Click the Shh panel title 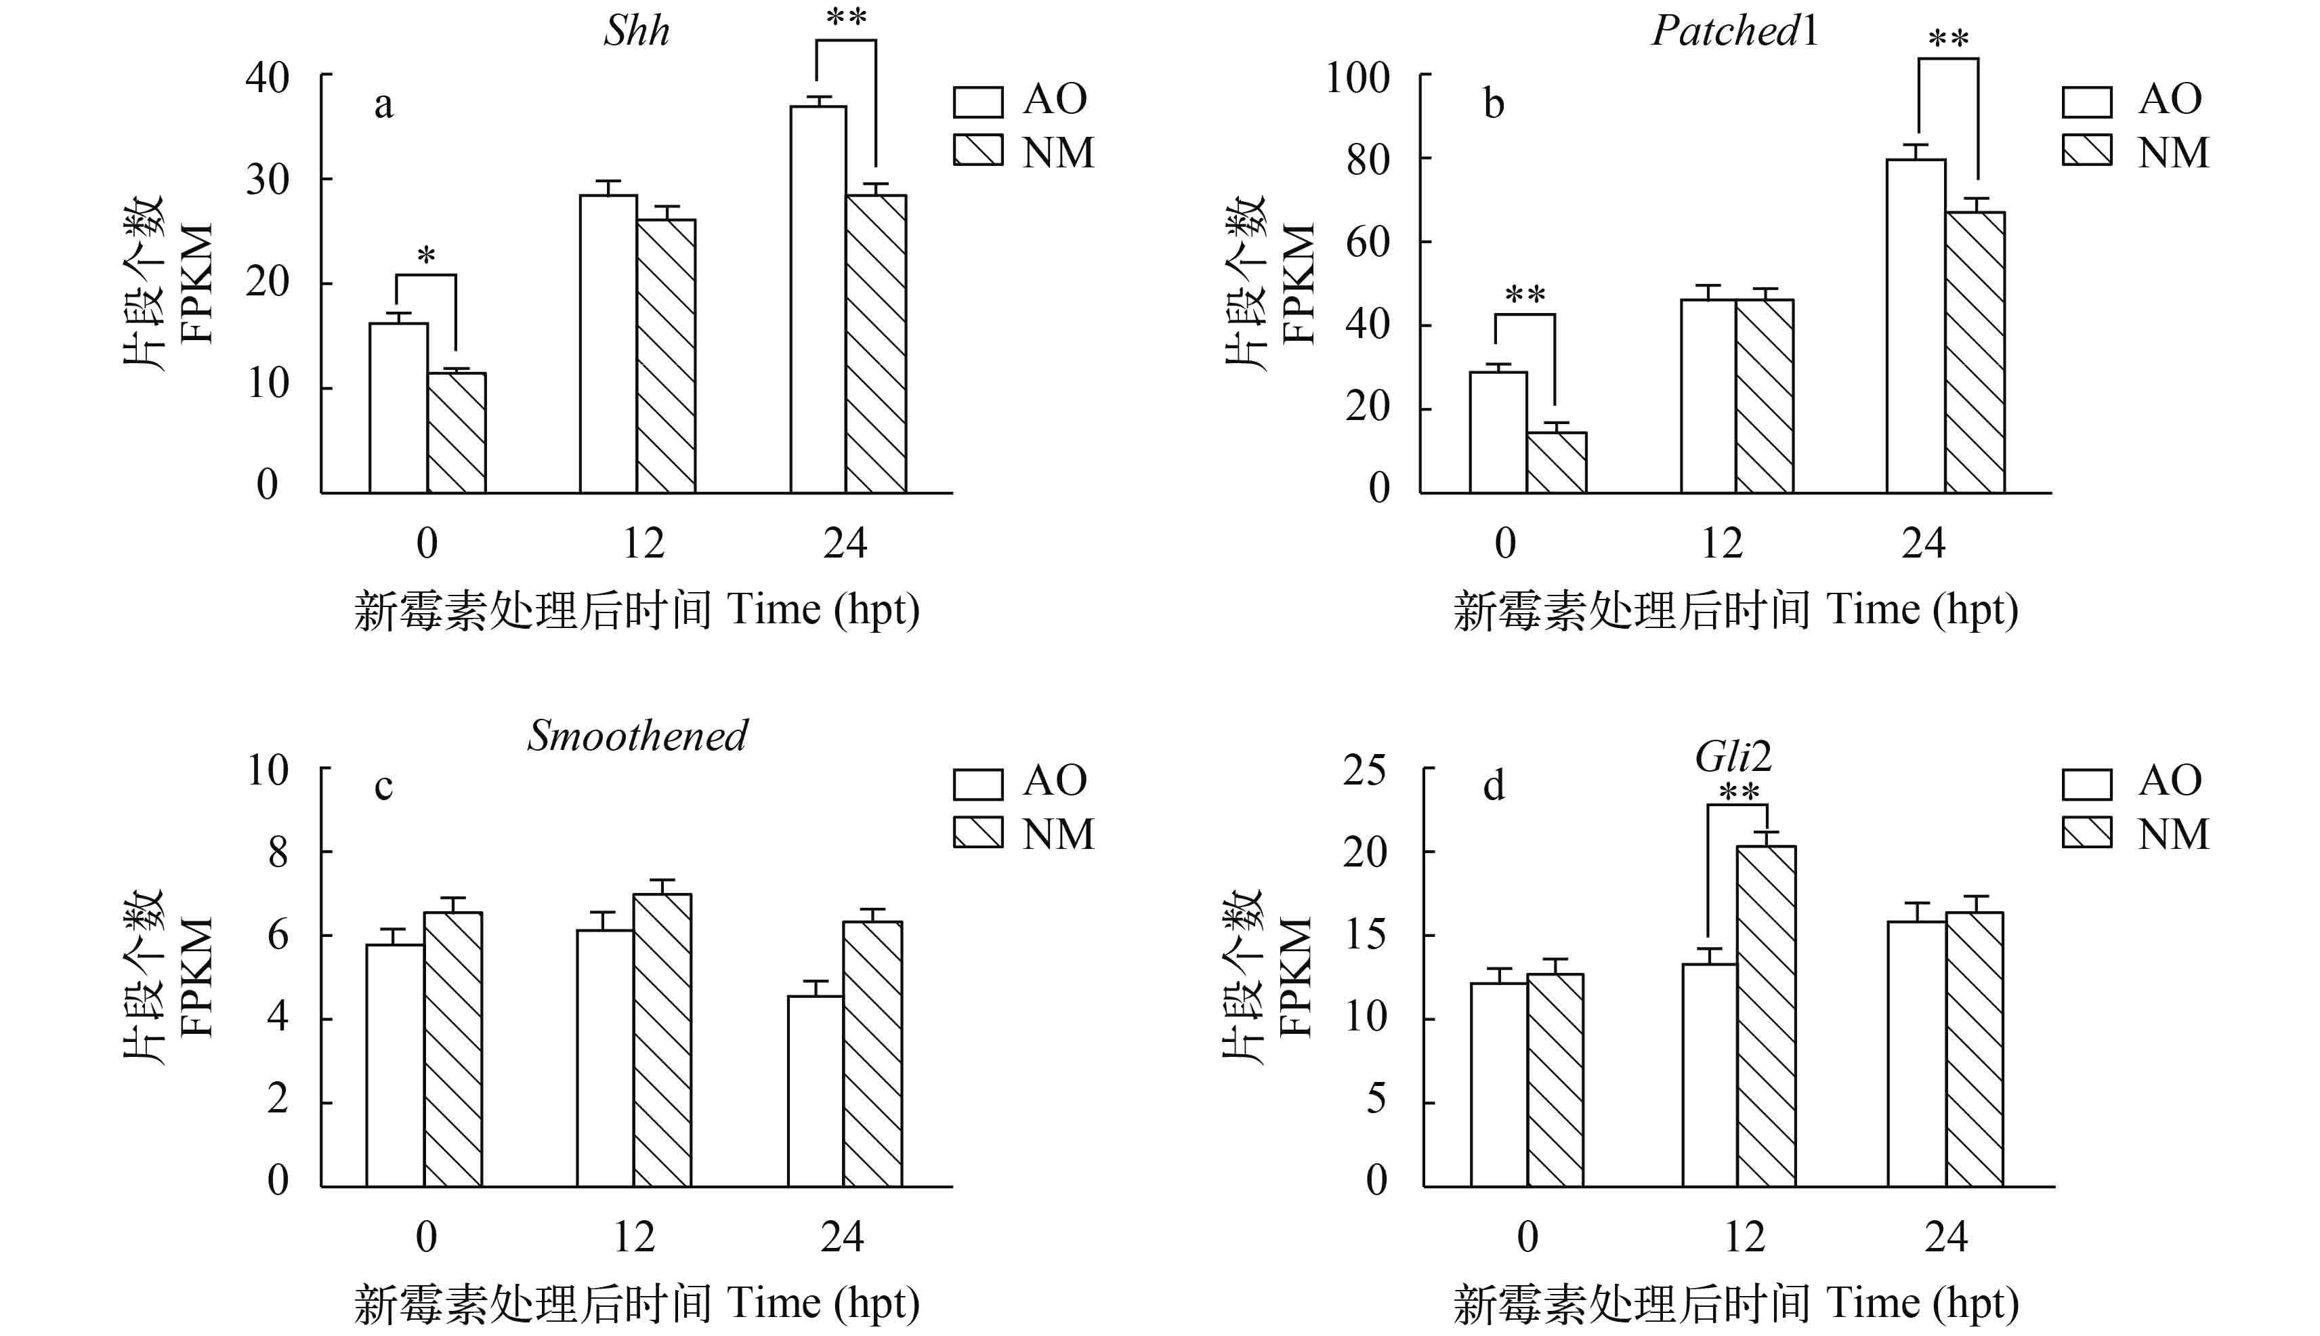point(637,31)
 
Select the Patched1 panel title point(1734,31)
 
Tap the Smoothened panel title point(637,736)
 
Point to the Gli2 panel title point(1733,757)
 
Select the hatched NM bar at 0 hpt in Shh point(457,433)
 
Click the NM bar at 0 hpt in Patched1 point(1557,463)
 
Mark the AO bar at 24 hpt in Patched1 point(1916,327)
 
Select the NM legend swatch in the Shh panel point(978,150)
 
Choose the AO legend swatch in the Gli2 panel point(2087,785)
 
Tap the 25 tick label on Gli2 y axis point(1364,771)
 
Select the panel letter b point(1494,104)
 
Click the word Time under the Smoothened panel point(774,1303)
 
